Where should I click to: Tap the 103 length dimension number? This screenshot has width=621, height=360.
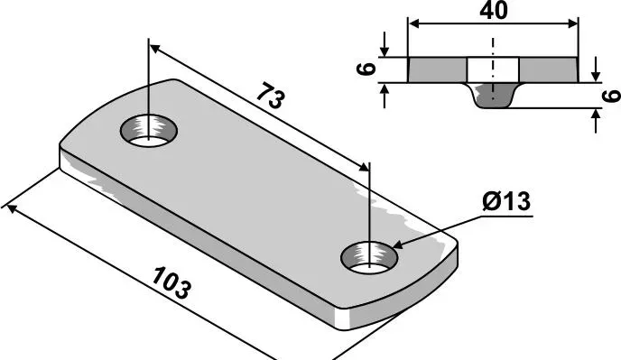[x=171, y=282]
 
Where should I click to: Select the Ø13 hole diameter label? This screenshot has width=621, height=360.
[x=506, y=201]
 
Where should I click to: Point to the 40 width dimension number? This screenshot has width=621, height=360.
[x=493, y=11]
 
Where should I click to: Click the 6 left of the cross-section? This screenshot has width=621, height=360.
[x=366, y=69]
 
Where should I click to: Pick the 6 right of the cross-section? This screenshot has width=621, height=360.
[x=611, y=96]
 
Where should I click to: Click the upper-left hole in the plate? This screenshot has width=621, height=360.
[x=149, y=130]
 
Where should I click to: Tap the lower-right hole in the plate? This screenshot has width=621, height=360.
[x=369, y=258]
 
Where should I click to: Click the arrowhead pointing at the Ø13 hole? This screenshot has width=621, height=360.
[x=397, y=245]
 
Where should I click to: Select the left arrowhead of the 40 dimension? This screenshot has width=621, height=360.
[x=414, y=24]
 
